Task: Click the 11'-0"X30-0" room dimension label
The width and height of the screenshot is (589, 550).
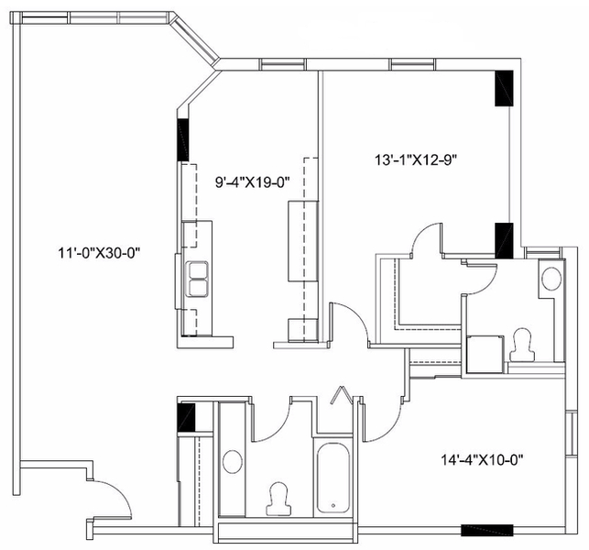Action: pyautogui.click(x=99, y=253)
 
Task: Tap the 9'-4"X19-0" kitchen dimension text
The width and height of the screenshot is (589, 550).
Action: pyautogui.click(x=253, y=182)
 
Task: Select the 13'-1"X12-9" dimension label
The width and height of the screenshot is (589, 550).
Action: pyautogui.click(x=416, y=160)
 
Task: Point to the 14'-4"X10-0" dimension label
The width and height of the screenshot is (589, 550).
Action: pyautogui.click(x=483, y=459)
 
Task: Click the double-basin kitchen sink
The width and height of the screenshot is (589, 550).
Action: pyautogui.click(x=198, y=279)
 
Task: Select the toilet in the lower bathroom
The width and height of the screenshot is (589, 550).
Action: pyautogui.click(x=278, y=499)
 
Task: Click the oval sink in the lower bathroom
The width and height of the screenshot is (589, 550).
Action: pyautogui.click(x=233, y=462)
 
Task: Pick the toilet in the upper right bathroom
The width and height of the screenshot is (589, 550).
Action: pyautogui.click(x=522, y=345)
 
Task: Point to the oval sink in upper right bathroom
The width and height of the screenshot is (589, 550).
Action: pyautogui.click(x=551, y=279)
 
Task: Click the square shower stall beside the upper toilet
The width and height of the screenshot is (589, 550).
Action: pyautogui.click(x=485, y=355)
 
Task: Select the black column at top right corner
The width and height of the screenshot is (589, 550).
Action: pyautogui.click(x=504, y=88)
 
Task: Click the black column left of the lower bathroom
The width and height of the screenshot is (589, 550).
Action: pyautogui.click(x=186, y=417)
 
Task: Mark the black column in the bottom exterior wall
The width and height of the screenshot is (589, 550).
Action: pyautogui.click(x=486, y=530)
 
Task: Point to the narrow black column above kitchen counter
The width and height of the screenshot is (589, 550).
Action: pyautogui.click(x=183, y=140)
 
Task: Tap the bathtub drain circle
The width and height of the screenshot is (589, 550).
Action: pyautogui.click(x=333, y=506)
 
